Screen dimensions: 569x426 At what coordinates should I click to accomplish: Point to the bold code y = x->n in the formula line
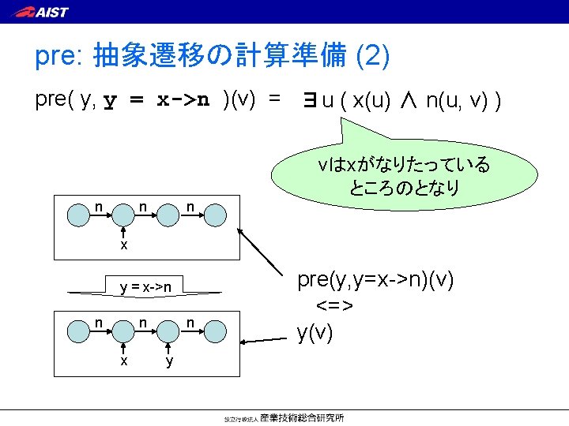coord(157,100)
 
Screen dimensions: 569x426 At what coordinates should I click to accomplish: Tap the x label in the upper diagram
coord(124,245)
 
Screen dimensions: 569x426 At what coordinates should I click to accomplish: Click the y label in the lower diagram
coord(168,361)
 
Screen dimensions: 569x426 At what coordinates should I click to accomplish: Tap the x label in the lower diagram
coord(124,361)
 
